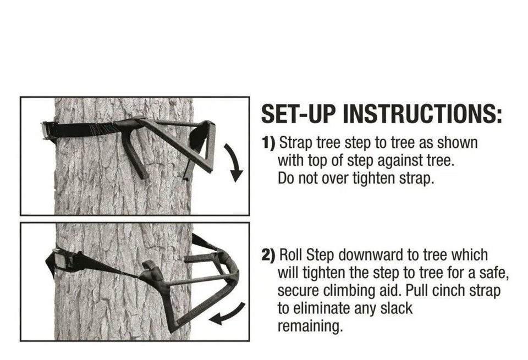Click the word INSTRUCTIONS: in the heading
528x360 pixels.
coord(422,115)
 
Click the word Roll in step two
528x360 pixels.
coord(292,256)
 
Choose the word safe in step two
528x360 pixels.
coord(488,273)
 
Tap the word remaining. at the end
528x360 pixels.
coord(310,326)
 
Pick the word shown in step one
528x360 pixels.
coord(458,144)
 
